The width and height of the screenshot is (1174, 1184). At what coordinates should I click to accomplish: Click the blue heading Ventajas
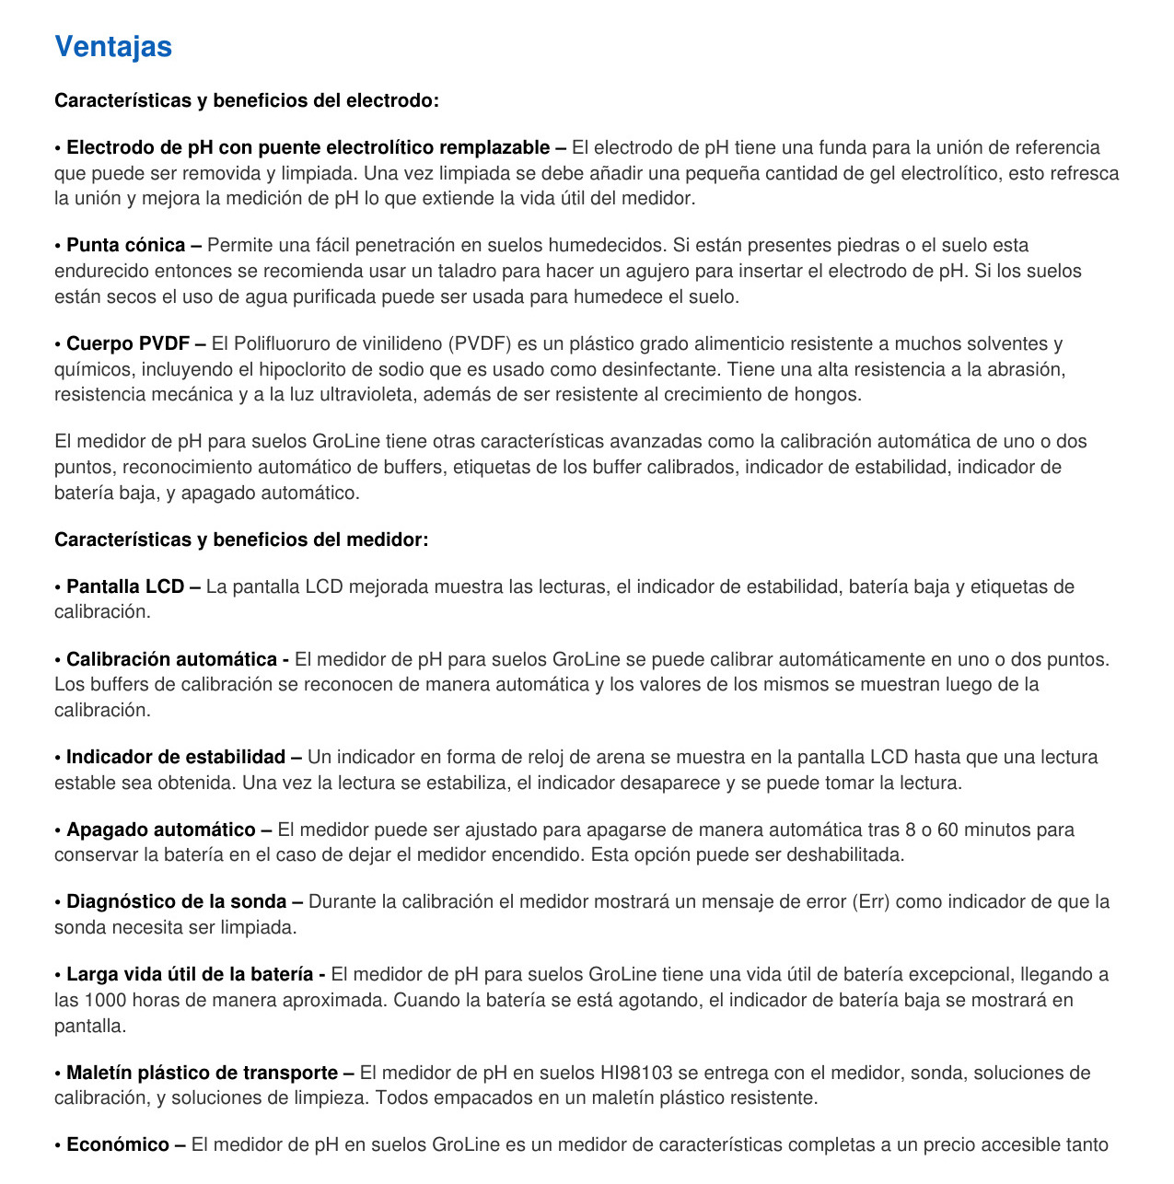tap(113, 46)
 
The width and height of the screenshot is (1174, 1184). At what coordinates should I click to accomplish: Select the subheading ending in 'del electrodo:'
tap(246, 100)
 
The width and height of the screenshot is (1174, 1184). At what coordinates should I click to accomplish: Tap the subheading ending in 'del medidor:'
tap(241, 540)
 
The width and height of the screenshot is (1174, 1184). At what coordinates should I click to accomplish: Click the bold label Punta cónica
tap(126, 245)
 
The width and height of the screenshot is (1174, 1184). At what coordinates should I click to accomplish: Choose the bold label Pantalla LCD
tap(125, 586)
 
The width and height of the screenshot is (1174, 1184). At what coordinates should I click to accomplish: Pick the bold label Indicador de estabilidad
tap(176, 757)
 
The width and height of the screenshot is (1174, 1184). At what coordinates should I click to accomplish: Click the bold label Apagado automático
tap(161, 830)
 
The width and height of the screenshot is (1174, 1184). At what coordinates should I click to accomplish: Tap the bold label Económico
tap(118, 1144)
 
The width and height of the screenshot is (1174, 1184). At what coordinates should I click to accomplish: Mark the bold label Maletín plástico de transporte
tap(202, 1073)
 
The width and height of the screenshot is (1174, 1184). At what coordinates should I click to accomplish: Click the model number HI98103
tap(636, 1073)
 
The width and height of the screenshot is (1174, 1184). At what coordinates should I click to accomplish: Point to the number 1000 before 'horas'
tap(104, 1000)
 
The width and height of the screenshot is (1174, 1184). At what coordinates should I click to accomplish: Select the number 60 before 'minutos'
tap(947, 830)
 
